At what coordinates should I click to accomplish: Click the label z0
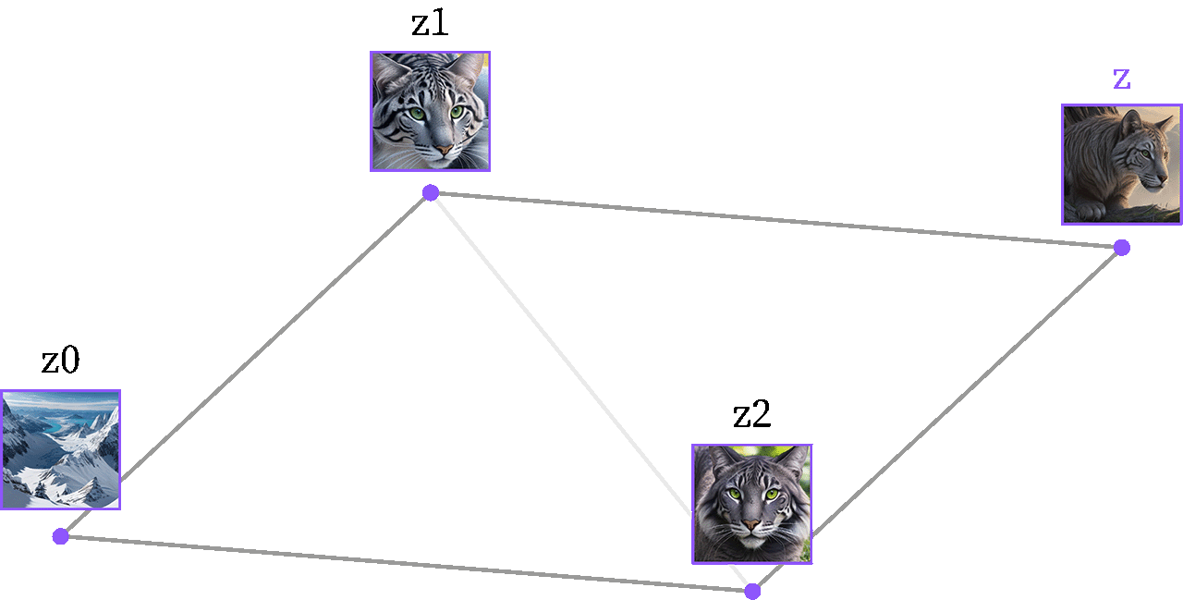(x=61, y=361)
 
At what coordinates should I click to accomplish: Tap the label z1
(x=430, y=24)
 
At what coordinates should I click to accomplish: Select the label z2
(x=752, y=414)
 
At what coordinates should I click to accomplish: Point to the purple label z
(x=1122, y=80)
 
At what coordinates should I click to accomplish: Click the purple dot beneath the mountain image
(x=61, y=536)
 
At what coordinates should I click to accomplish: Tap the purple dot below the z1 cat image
(x=431, y=193)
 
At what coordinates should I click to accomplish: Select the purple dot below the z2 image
(x=752, y=592)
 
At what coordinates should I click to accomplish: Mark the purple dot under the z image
(x=1122, y=248)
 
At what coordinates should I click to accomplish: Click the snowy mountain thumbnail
(x=61, y=450)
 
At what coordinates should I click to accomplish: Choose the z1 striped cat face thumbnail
(x=431, y=112)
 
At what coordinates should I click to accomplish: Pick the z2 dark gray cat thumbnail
(x=752, y=505)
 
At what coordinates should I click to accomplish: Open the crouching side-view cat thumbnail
(x=1122, y=165)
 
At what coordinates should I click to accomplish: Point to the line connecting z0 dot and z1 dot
(x=246, y=364)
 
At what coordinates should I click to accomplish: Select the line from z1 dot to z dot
(x=776, y=220)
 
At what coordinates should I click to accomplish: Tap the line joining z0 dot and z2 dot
(x=407, y=564)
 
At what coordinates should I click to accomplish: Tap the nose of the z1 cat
(x=444, y=150)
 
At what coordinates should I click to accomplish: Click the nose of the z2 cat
(x=750, y=525)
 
